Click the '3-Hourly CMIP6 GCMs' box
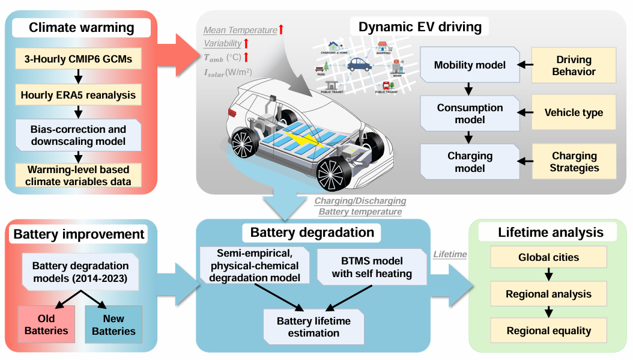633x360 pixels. coord(77,59)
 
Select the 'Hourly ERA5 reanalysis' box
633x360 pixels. coord(77,94)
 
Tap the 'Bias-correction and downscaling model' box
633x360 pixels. coord(77,136)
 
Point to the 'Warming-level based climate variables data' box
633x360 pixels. coord(77,174)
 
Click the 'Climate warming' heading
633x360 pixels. coord(82,27)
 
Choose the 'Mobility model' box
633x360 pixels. coord(470,66)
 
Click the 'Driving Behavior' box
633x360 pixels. coord(574,66)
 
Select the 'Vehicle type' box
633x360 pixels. coord(574,112)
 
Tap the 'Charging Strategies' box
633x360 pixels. coord(574,162)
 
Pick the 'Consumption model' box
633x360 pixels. coord(470,113)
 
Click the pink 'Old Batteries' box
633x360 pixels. coord(46,325)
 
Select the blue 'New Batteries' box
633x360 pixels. coord(114,325)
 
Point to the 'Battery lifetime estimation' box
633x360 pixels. coord(313,327)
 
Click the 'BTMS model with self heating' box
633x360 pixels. coord(367,267)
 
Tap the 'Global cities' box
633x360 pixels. coord(548,257)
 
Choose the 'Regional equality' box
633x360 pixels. coord(548,331)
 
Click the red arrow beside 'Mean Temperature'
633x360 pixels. coord(280,29)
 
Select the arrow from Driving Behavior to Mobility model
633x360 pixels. coord(524,65)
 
